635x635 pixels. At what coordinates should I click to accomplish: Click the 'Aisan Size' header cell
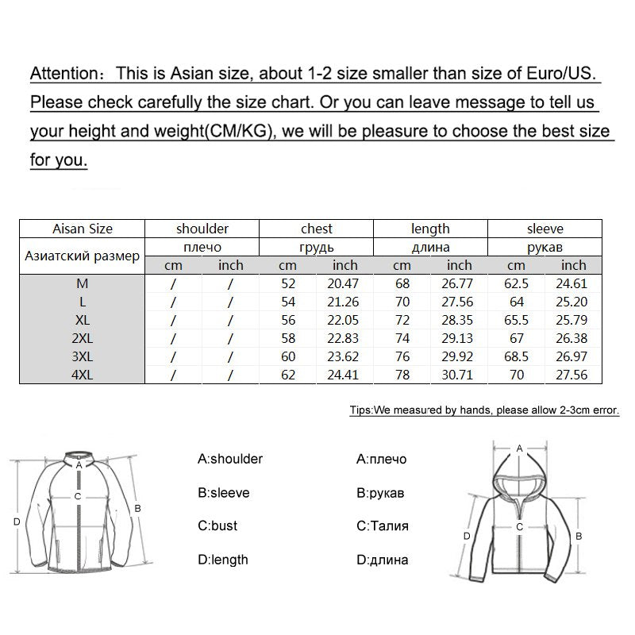83,229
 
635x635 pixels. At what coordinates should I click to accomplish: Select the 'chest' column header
316,229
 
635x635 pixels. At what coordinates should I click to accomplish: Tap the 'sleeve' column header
545,229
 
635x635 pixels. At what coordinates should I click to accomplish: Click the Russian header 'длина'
430,247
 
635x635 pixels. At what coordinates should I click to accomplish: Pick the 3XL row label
83,356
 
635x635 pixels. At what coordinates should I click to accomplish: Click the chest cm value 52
287,283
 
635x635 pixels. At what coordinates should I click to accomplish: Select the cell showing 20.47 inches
344,283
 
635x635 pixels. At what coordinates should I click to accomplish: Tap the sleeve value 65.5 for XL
516,320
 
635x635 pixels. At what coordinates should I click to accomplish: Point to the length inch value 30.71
459,375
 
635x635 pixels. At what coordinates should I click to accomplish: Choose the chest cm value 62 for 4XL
287,375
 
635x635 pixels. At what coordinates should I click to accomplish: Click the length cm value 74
402,338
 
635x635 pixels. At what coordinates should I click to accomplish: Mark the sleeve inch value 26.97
573,356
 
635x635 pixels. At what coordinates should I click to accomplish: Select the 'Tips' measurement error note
483,410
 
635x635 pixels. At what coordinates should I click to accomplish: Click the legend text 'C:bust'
217,526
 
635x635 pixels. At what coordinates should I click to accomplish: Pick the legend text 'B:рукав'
381,493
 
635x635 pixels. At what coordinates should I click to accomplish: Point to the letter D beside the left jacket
17,521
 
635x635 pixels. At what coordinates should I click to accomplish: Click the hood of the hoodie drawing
519,476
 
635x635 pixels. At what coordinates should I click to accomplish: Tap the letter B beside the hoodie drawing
579,536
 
